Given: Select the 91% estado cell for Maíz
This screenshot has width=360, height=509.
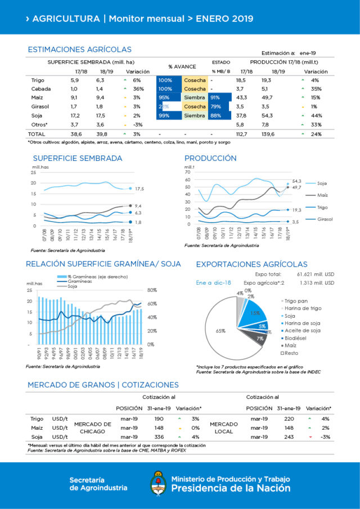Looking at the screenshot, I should (215, 97).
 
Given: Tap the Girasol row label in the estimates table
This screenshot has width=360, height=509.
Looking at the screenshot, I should (39, 106).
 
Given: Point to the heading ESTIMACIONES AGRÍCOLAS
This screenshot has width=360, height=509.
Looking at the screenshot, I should (79, 49).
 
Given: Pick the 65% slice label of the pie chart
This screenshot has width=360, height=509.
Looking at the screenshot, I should (220, 331).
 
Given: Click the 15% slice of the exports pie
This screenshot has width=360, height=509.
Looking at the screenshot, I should (255, 313).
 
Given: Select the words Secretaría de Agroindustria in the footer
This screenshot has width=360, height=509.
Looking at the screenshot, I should (98, 484).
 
